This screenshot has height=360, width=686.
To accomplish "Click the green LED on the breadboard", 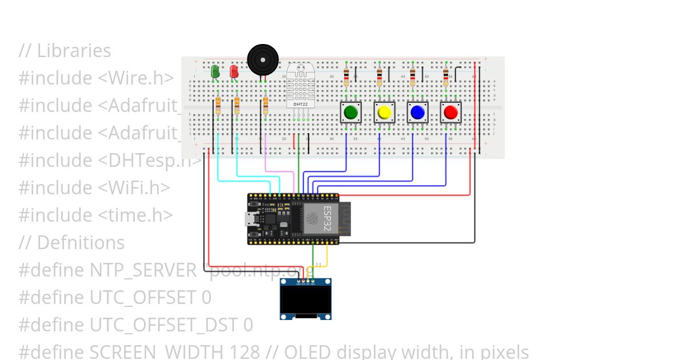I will [215, 71].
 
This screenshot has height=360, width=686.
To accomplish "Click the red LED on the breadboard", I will [234, 71].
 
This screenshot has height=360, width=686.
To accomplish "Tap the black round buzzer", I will [263, 59].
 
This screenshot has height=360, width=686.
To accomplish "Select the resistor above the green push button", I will [346, 76].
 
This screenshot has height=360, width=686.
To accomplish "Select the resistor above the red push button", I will [446, 76].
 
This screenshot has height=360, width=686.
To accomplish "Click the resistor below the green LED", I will [218, 106].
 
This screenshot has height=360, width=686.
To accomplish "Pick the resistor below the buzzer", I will [265, 106].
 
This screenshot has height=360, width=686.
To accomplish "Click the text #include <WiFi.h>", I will [94, 187].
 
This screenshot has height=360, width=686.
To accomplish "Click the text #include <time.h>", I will [95, 215].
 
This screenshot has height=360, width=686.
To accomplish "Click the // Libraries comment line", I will [65, 50].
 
